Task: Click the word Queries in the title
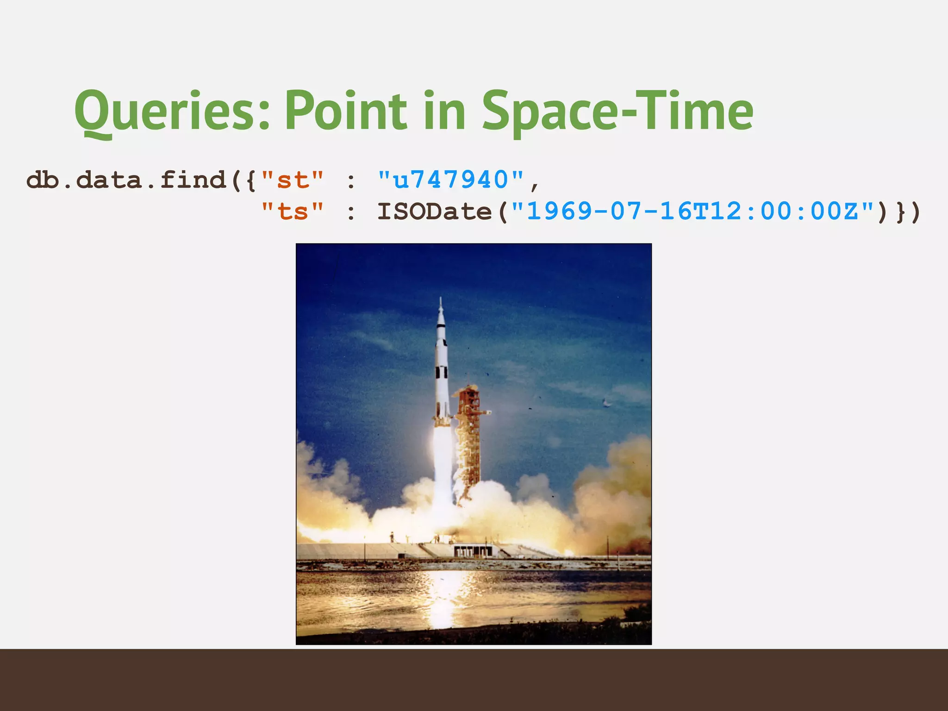pos(171,111)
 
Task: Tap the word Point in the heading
pos(345,111)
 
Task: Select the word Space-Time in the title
pos(617,111)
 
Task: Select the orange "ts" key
pos(292,212)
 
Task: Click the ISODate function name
pos(434,212)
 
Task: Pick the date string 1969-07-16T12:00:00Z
pos(692,212)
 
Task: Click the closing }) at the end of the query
pos(908,212)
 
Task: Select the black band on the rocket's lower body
pos(441,373)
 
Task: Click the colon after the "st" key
pos(351,181)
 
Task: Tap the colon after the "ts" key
pos(351,212)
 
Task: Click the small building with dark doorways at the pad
pos(472,550)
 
